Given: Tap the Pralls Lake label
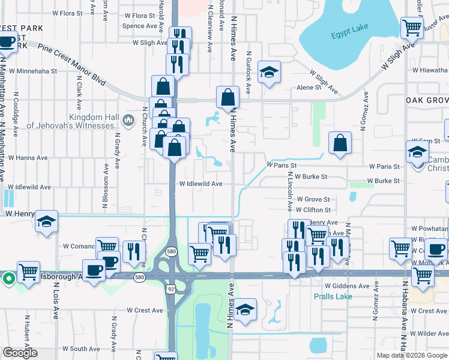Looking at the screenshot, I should point(333,296).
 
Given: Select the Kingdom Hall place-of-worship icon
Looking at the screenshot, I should point(127,121).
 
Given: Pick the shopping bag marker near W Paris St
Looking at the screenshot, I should point(340,143).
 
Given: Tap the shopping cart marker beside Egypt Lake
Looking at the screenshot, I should point(412,27).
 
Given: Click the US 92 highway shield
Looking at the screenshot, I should point(170,289).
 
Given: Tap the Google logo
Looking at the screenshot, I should point(20,353).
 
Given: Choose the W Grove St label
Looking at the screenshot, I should point(312,199).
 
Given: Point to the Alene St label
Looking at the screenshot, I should point(309,88).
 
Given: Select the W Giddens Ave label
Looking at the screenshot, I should point(347,286).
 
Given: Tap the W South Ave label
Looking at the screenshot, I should point(80,349).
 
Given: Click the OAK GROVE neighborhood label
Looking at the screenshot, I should point(426,100).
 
